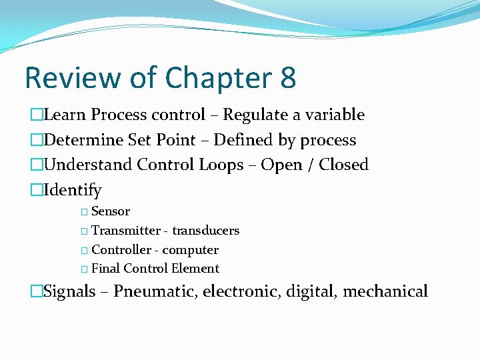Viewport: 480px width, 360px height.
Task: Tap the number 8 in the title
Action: [x=288, y=78]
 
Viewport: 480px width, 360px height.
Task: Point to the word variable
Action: [x=335, y=115]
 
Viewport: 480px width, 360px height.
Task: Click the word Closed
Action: [x=343, y=165]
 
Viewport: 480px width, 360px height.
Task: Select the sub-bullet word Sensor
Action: [x=111, y=211]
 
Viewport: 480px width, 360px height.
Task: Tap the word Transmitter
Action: [x=126, y=231]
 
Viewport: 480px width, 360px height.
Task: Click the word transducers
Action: [x=206, y=231]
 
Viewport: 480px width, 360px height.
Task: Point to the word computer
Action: [x=191, y=250]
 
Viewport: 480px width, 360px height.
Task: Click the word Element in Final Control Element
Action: [x=195, y=269]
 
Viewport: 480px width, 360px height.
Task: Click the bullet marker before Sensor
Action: [x=84, y=212]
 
